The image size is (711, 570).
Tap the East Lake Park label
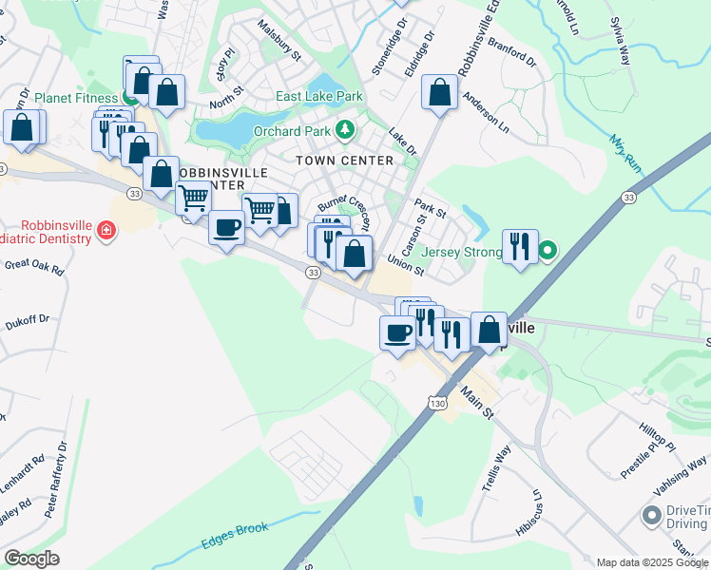pos(319,97)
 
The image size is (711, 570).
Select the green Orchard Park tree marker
pos(348,128)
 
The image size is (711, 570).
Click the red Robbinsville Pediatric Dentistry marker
pos(106,230)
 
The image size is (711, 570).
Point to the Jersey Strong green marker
pos(548,252)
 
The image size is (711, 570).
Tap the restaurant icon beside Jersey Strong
pos(519,246)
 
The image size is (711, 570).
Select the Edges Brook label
pos(235,535)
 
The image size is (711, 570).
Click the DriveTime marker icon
pos(651,516)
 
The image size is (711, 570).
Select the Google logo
pos(31,559)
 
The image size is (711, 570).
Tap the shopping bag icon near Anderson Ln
pos(439,93)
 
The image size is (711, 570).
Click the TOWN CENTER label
pos(344,161)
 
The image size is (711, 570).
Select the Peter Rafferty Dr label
pos(57,479)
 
